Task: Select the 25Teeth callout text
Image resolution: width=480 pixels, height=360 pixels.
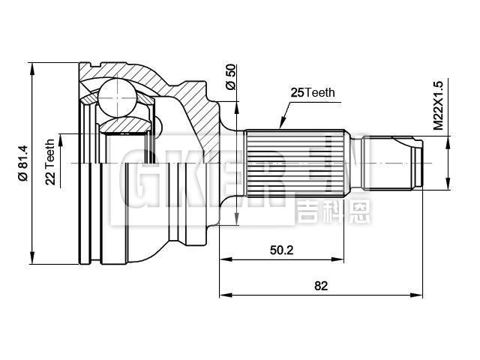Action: click(313, 93)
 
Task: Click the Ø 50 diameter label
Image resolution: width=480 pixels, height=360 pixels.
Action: click(231, 76)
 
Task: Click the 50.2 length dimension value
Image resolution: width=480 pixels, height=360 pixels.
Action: click(282, 250)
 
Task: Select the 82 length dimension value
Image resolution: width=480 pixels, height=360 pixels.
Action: click(322, 286)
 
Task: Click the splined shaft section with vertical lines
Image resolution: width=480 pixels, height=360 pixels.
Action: click(295, 162)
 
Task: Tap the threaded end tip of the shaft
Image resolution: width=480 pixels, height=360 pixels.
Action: click(416, 162)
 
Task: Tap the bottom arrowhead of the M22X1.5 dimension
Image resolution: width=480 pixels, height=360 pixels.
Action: click(448, 184)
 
